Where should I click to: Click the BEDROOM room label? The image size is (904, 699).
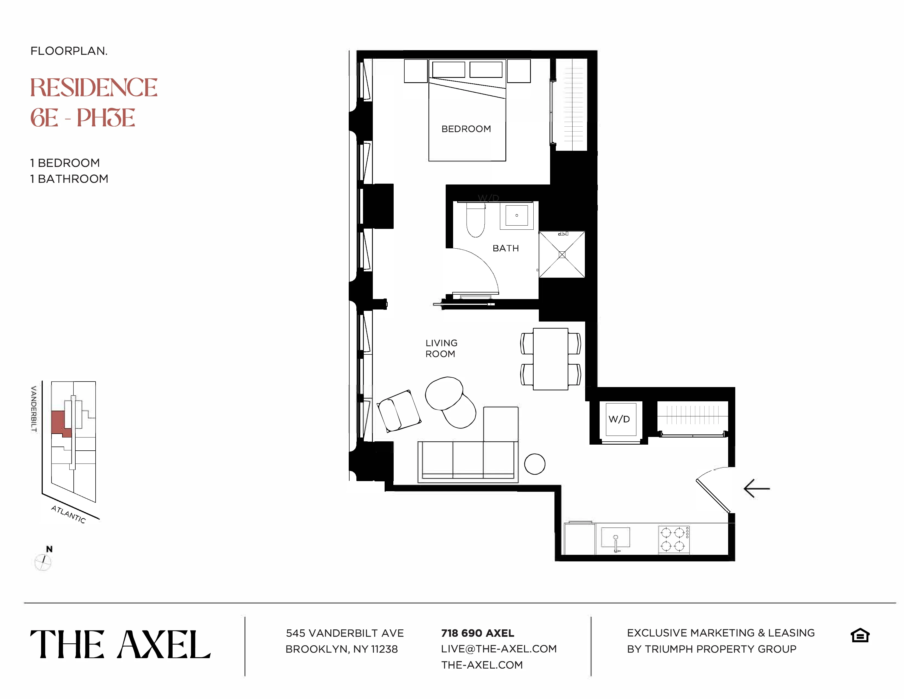pyautogui.click(x=466, y=129)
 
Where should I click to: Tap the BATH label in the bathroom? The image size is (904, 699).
pyautogui.click(x=505, y=248)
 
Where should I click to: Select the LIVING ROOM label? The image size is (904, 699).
pyautogui.click(x=441, y=348)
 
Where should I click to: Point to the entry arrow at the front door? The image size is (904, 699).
pyautogui.click(x=757, y=489)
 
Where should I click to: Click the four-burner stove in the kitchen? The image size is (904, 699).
pyautogui.click(x=673, y=539)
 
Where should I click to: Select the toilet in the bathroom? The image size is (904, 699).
pyautogui.click(x=476, y=221)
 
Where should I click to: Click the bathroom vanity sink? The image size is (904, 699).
pyautogui.click(x=517, y=215)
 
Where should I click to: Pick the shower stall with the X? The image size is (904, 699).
pyautogui.click(x=562, y=254)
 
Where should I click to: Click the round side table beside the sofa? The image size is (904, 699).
pyautogui.click(x=534, y=464)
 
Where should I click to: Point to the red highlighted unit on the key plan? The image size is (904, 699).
pyautogui.click(x=59, y=423)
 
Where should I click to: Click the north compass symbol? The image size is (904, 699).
pyautogui.click(x=43, y=561)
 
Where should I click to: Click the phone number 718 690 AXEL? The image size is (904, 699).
pyautogui.click(x=477, y=633)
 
